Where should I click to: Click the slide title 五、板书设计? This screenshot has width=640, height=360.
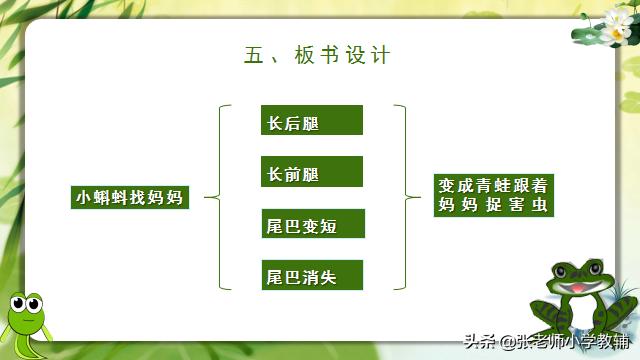[x=317, y=56]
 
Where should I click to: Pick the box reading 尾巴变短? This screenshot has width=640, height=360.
[x=310, y=224]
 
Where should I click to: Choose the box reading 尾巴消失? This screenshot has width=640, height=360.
[x=310, y=275]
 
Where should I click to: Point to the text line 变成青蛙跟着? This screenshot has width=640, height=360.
[x=496, y=185]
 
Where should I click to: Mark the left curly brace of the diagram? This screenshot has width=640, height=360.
[x=223, y=197]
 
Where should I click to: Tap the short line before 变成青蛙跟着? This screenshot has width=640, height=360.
[x=418, y=197]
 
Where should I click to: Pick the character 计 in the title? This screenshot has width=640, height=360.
[x=380, y=56]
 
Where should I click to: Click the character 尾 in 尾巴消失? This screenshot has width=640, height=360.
[x=274, y=276]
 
